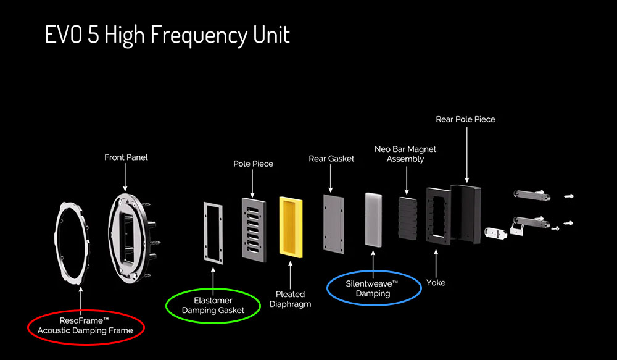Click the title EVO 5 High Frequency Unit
pyautogui.click(x=167, y=35)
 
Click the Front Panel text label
pyautogui.click(x=126, y=157)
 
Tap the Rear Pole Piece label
pyautogui.click(x=465, y=119)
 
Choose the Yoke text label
pyautogui.click(x=436, y=283)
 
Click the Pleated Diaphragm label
pyautogui.click(x=290, y=299)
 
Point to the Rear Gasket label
pyautogui.click(x=331, y=159)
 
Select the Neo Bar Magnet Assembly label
pyautogui.click(x=405, y=154)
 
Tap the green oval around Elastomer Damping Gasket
pyautogui.click(x=213, y=305)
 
